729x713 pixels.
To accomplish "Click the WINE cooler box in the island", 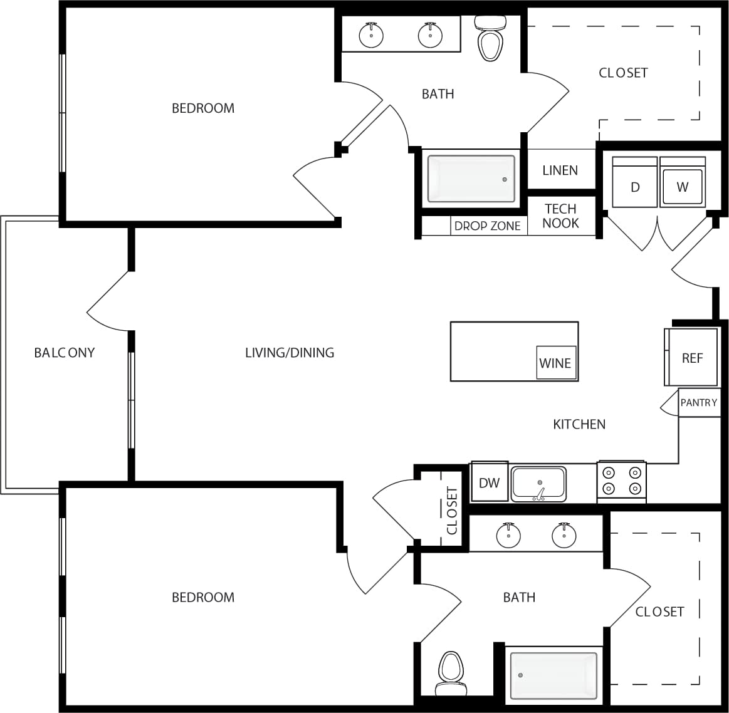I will pyautogui.click(x=555, y=363).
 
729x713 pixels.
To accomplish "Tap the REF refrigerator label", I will pyautogui.click(x=692, y=358).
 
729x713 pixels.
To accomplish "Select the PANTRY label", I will pyautogui.click(x=699, y=403).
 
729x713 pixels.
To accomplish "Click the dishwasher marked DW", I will pyautogui.click(x=489, y=482).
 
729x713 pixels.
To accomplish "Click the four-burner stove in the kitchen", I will pyautogui.click(x=621, y=481).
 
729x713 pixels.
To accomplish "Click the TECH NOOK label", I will pyautogui.click(x=561, y=216).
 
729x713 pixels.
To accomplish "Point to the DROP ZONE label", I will pyautogui.click(x=487, y=226).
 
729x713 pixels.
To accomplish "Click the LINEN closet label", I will pyautogui.click(x=560, y=170).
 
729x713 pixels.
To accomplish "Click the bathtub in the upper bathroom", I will pyautogui.click(x=471, y=179).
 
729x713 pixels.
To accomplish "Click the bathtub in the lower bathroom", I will pyautogui.click(x=553, y=675).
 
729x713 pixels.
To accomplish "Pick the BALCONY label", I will pyautogui.click(x=65, y=353).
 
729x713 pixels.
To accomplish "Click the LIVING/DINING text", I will pyautogui.click(x=290, y=353).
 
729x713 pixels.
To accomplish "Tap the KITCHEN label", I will pyautogui.click(x=579, y=424).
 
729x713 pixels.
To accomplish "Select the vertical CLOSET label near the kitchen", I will pyautogui.click(x=452, y=511).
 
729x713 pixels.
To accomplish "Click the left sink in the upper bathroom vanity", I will pyautogui.click(x=372, y=35).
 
